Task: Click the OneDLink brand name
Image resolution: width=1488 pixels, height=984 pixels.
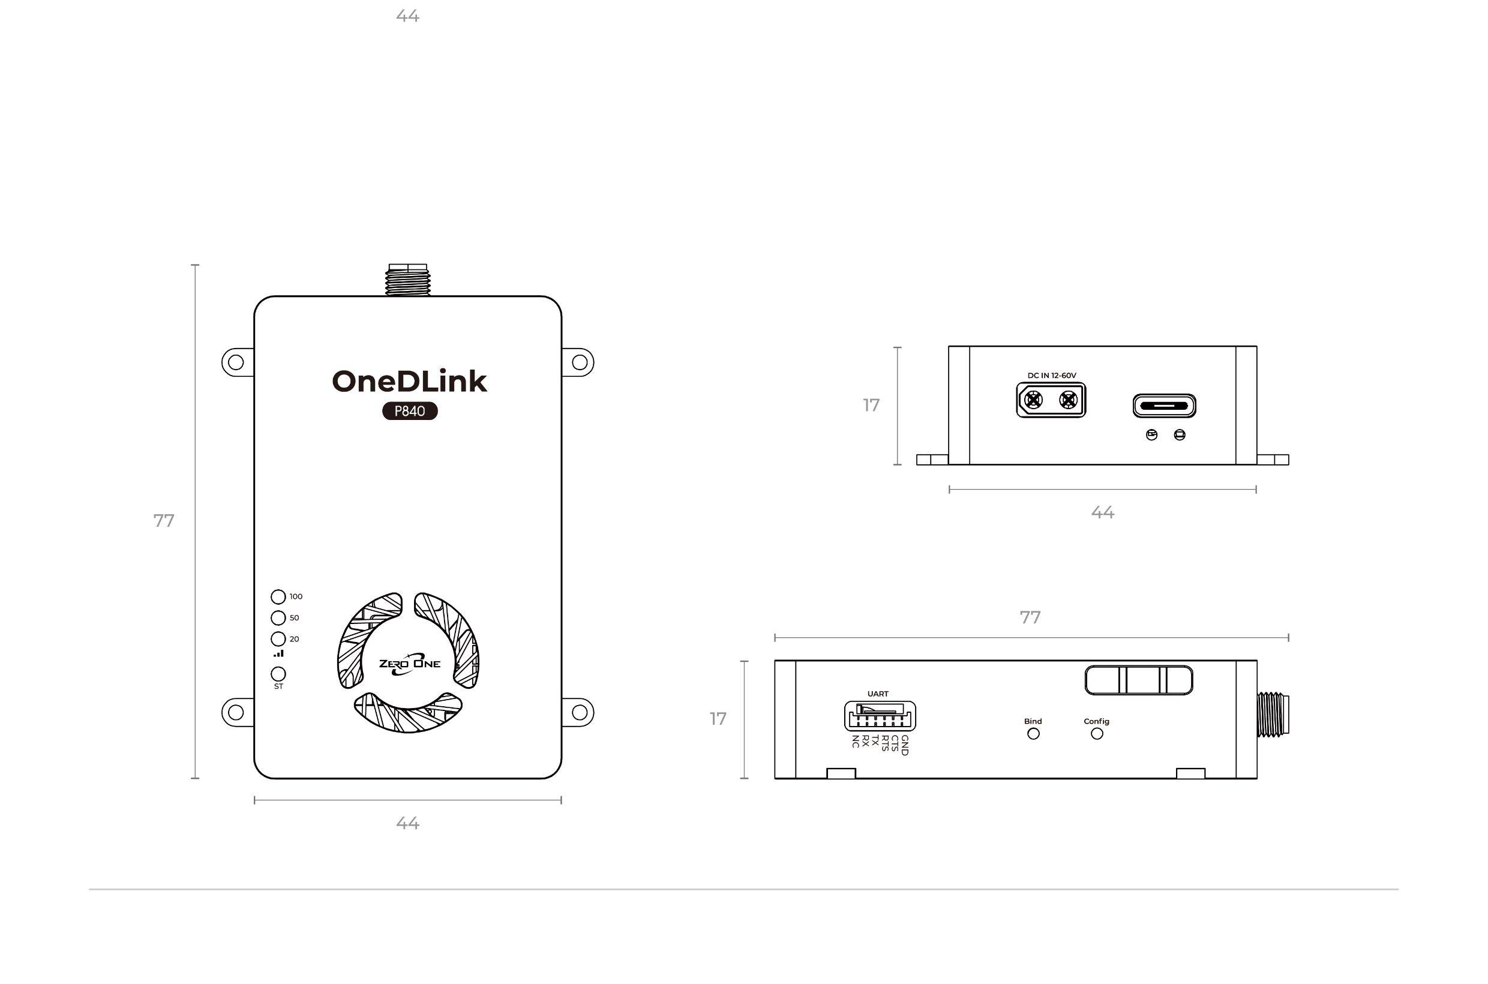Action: pyautogui.click(x=409, y=382)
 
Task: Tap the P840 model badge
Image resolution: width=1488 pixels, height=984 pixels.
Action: pyautogui.click(x=410, y=412)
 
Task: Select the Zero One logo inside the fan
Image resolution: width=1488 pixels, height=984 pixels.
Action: pyautogui.click(x=409, y=665)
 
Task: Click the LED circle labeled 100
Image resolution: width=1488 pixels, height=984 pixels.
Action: pyautogui.click(x=278, y=596)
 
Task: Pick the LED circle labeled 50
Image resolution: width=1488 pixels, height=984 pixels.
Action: pyautogui.click(x=278, y=617)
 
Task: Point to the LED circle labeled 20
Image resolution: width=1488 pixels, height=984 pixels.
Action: pyautogui.click(x=278, y=639)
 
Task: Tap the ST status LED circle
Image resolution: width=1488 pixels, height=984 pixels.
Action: pyautogui.click(x=278, y=674)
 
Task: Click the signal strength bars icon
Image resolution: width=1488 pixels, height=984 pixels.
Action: pyautogui.click(x=278, y=654)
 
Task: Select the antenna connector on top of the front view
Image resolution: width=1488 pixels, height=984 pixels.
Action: pyautogui.click(x=407, y=280)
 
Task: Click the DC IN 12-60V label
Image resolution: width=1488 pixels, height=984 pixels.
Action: pyautogui.click(x=1052, y=375)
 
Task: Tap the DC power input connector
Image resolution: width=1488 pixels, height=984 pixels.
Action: pyautogui.click(x=1051, y=400)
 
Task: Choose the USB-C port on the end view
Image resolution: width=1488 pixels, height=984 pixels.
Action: pyautogui.click(x=1164, y=406)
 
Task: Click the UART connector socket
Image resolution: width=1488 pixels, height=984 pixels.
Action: pyautogui.click(x=880, y=715)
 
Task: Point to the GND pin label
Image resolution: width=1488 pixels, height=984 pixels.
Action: pyautogui.click(x=904, y=745)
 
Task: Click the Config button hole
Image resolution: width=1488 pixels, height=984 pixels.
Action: pyautogui.click(x=1097, y=734)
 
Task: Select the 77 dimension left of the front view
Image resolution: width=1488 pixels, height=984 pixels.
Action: pyautogui.click(x=164, y=521)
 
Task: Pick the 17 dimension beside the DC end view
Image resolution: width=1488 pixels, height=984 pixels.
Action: pyautogui.click(x=871, y=406)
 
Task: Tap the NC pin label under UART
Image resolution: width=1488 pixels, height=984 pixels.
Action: pyautogui.click(x=856, y=741)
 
